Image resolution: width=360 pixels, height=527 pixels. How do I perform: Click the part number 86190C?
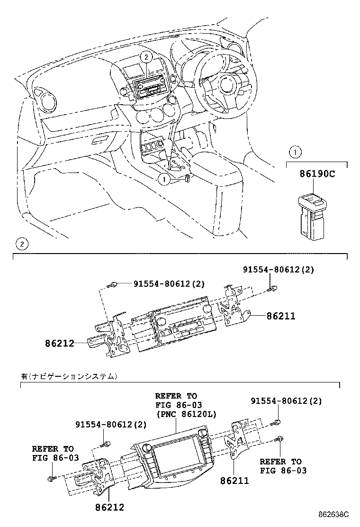[317, 174]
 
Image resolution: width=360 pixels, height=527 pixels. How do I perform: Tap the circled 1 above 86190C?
[295, 153]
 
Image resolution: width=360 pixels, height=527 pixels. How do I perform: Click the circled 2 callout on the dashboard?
[147, 57]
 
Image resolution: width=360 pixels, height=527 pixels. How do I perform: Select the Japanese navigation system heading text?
[68, 376]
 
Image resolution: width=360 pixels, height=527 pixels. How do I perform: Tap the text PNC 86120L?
[185, 414]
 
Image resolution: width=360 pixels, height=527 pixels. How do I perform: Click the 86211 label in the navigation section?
[234, 481]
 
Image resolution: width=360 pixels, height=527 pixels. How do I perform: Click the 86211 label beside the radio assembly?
[280, 316]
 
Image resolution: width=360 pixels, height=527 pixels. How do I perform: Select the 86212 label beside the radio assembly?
[60, 343]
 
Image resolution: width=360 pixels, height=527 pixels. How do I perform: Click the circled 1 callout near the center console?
[164, 179]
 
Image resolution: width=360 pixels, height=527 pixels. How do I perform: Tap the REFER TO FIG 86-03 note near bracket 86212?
[53, 454]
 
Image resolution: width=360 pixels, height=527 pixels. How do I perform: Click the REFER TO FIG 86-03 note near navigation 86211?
[283, 466]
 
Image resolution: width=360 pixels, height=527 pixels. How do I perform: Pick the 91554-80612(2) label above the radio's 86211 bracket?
[279, 269]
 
